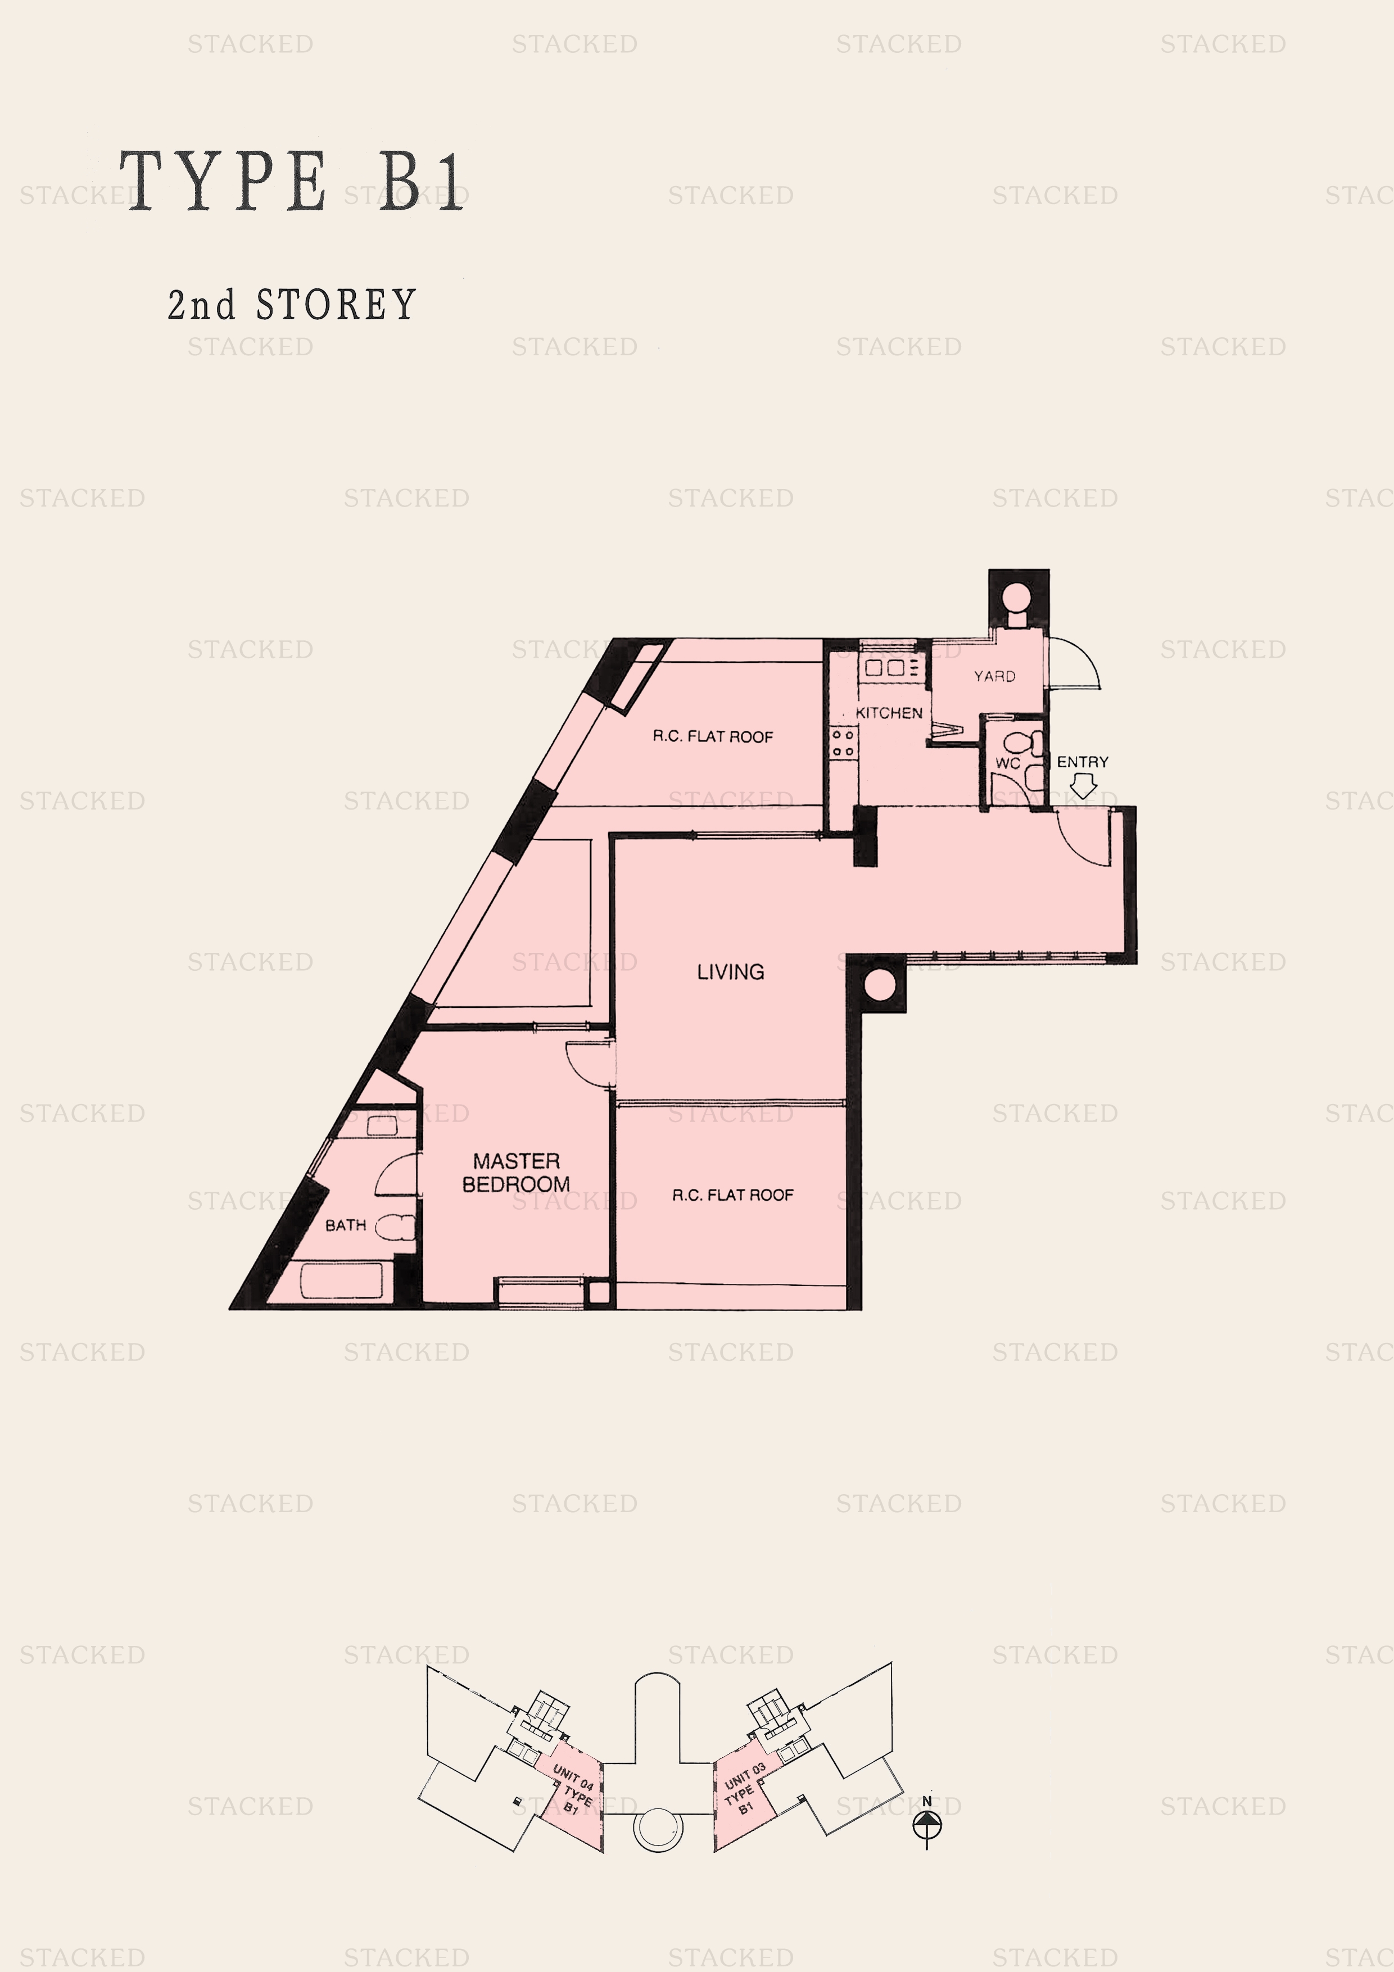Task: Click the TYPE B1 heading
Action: [x=292, y=180]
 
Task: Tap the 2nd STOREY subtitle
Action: [x=292, y=305]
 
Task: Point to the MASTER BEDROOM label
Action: [x=515, y=1173]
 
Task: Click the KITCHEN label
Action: [x=889, y=713]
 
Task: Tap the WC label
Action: [x=1007, y=763]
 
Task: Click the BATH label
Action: [x=345, y=1225]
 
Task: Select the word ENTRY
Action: [x=1082, y=762]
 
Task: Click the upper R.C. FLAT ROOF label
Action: [x=713, y=737]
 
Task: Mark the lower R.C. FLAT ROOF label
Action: [x=732, y=1195]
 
